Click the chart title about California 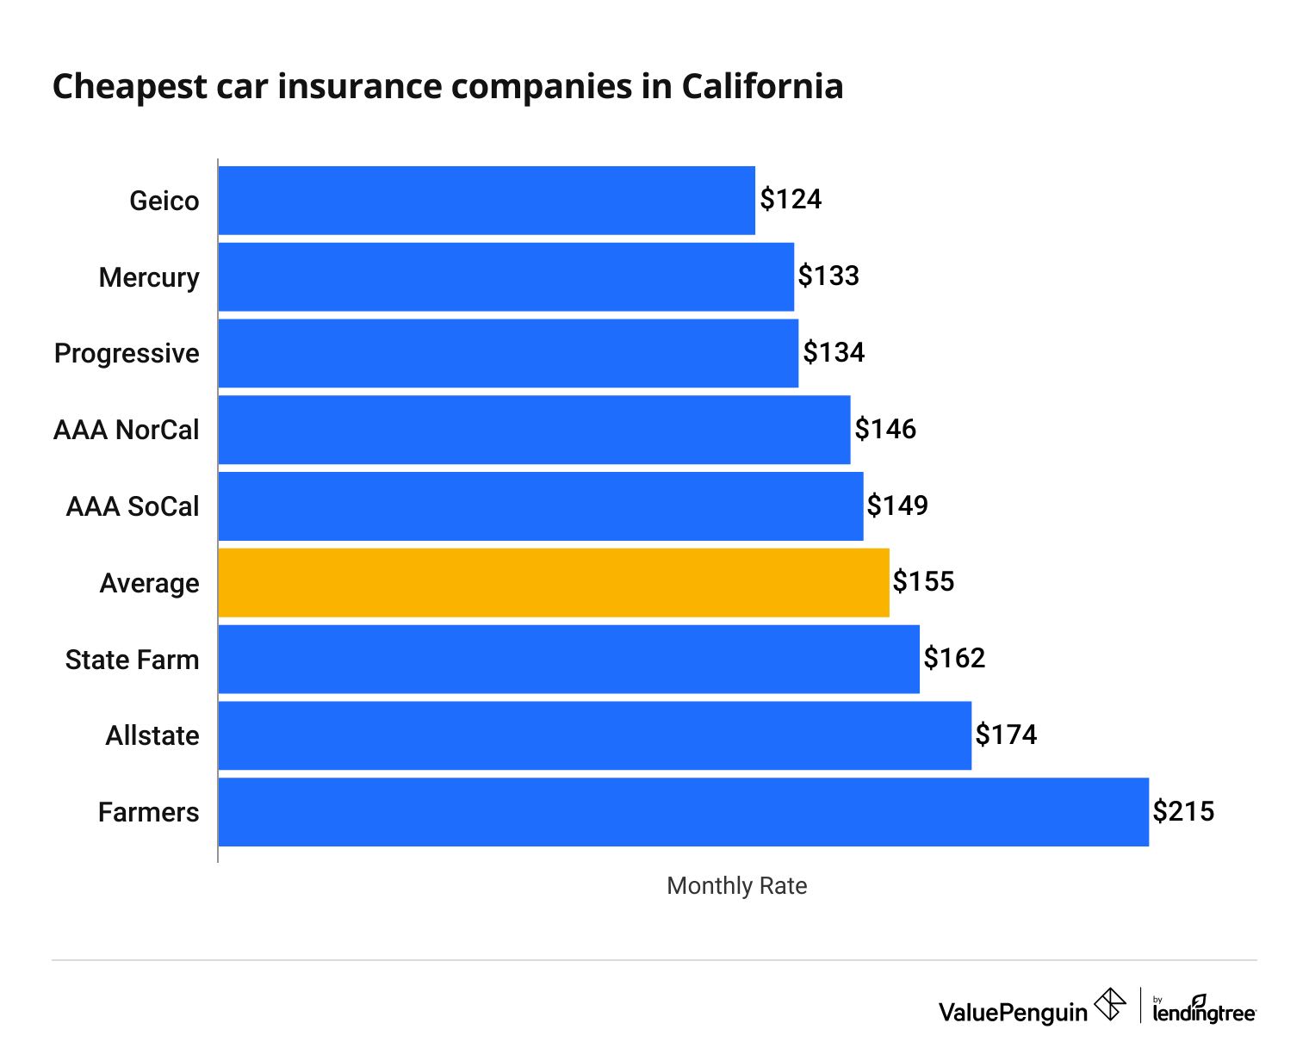click(448, 87)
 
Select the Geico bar click(487, 201)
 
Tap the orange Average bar click(553, 583)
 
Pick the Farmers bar click(683, 812)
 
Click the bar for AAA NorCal click(534, 430)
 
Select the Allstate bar click(594, 735)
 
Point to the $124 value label click(791, 200)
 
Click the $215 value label click(1183, 811)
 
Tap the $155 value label click(923, 582)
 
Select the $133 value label click(828, 276)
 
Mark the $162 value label click(954, 659)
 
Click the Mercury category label click(149, 277)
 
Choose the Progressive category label click(127, 354)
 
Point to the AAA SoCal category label click(133, 506)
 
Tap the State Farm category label click(132, 660)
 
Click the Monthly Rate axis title click(736, 886)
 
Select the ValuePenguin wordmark click(1013, 1013)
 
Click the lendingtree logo click(1204, 1010)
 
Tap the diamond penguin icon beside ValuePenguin click(1109, 1005)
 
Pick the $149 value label click(897, 505)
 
